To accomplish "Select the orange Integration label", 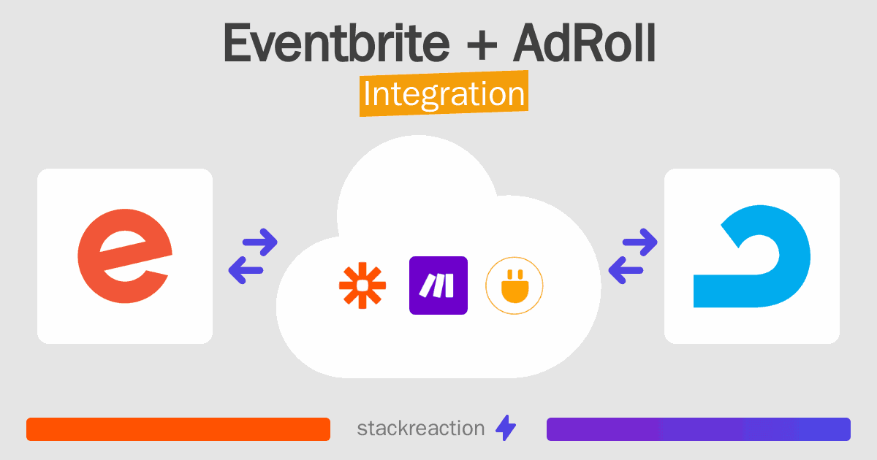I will point(444,94).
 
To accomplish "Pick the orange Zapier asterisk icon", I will point(362,285).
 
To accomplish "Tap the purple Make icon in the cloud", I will point(438,285).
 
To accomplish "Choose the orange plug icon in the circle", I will point(515,285).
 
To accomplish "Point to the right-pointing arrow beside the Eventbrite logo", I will point(259,242).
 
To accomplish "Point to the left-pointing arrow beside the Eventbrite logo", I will point(246,270).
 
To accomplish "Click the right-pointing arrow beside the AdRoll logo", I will point(640,242).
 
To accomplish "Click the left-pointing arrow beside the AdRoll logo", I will point(626,270).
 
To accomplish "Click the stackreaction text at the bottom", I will point(420,429).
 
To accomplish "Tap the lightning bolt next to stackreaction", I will point(505,429).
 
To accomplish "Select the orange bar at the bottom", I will point(178,429).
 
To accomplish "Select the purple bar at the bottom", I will point(698,429).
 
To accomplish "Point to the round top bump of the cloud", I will point(417,175).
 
